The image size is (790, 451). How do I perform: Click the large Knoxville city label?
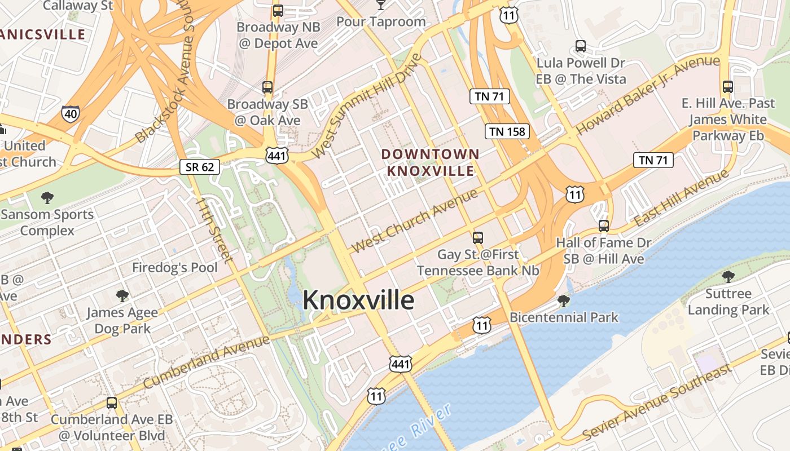[358, 300]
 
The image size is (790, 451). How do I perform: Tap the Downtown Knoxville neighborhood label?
[430, 162]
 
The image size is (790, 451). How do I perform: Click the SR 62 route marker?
[200, 167]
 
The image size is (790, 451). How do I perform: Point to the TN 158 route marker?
[507, 132]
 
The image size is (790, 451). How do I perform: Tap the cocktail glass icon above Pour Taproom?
[381, 5]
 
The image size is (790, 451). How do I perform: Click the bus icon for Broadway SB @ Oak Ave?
[267, 87]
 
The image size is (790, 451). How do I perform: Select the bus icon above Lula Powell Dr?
[581, 46]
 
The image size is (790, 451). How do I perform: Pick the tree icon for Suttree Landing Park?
[728, 276]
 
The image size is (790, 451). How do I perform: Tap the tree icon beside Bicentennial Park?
[563, 301]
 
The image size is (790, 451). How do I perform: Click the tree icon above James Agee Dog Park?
[121, 296]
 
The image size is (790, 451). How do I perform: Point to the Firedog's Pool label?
[175, 267]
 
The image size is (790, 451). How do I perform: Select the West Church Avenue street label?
[415, 221]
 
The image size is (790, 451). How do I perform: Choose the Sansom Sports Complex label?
[47, 222]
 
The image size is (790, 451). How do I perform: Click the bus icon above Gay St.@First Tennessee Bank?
[478, 237]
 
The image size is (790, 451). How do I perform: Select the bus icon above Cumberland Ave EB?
[112, 403]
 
